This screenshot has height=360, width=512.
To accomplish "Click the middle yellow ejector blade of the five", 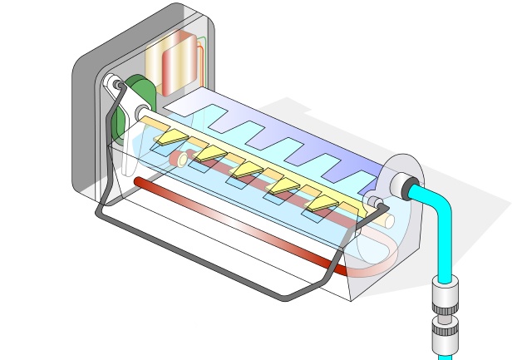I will (x=250, y=171).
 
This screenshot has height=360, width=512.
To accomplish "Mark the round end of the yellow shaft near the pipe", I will (x=387, y=219).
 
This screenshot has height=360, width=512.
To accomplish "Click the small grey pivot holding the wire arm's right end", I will (x=372, y=203).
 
